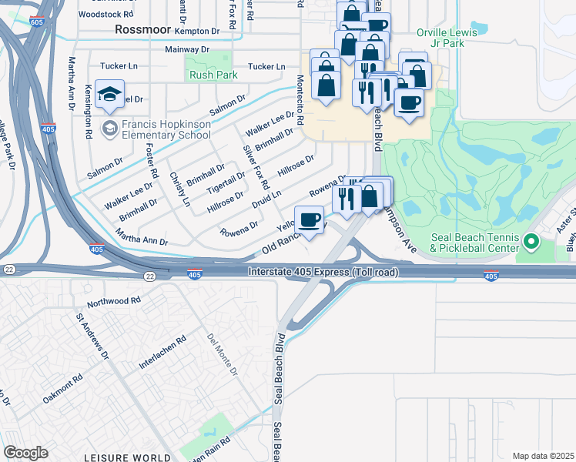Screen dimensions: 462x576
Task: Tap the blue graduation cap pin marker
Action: [110, 94]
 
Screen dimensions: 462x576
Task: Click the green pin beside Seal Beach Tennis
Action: [531, 243]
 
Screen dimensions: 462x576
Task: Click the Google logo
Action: [25, 453]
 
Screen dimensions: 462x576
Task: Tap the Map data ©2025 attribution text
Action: [543, 456]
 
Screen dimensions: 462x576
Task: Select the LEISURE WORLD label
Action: [128, 457]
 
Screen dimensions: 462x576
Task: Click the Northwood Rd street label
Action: [114, 301]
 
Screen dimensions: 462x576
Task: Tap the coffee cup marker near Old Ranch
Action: [309, 220]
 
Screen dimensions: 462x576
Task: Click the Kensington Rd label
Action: [89, 112]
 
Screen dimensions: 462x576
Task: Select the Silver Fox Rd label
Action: [256, 166]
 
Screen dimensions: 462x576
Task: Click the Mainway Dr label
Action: [187, 49]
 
